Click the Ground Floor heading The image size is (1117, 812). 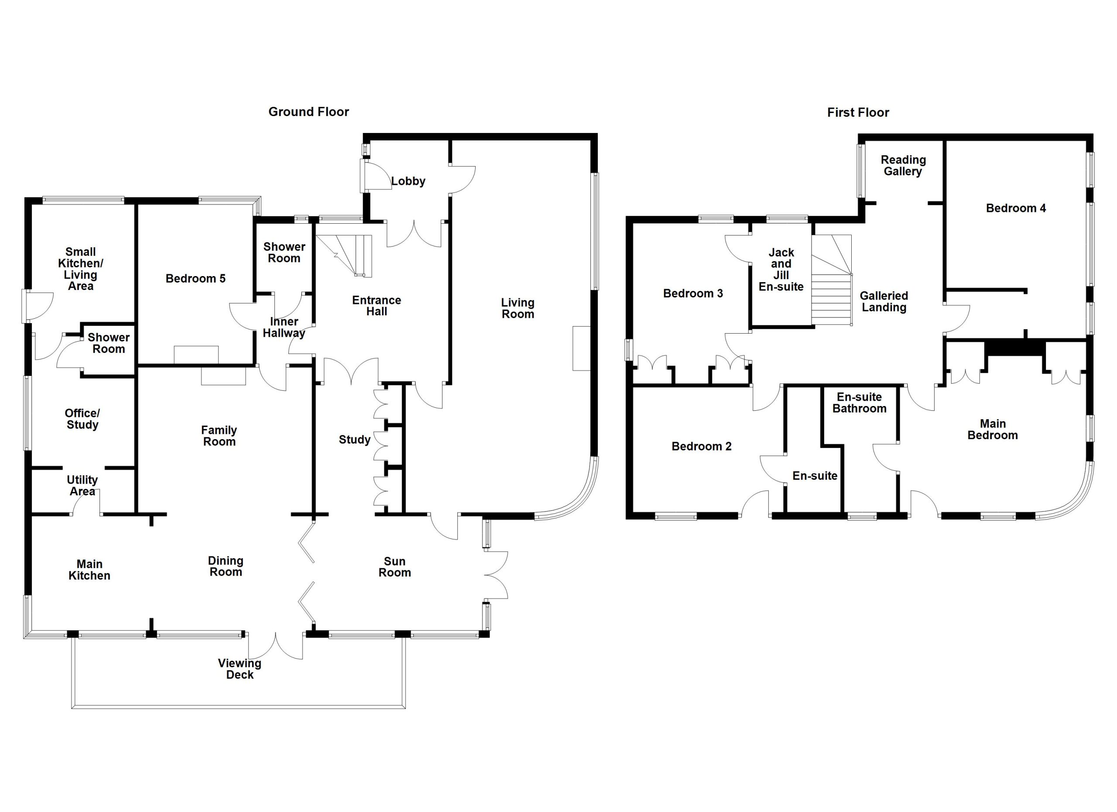pos(308,112)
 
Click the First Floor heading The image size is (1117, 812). pos(858,113)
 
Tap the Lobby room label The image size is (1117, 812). pos(408,181)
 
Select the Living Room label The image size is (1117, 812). pos(517,309)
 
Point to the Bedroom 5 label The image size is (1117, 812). pos(195,279)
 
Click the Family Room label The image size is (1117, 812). pos(219,436)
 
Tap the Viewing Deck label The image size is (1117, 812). pos(240,669)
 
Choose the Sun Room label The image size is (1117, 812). pos(394,567)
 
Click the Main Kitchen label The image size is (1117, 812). pos(89,570)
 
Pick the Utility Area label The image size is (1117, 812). pos(82,485)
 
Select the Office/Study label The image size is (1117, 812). pos(82,419)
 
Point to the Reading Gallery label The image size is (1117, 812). pos(903,166)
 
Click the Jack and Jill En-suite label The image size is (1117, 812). pos(781,270)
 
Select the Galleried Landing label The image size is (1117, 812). pos(884,302)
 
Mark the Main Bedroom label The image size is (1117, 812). pos(992,430)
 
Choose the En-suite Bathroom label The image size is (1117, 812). pos(860,403)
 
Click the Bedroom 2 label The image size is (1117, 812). pos(701,447)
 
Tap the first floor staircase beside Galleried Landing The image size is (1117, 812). pos(832,280)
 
